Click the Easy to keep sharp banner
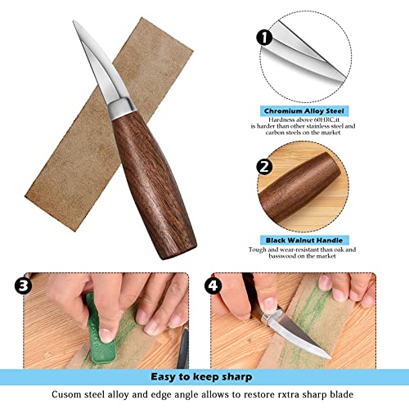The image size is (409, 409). pos(204,378)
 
